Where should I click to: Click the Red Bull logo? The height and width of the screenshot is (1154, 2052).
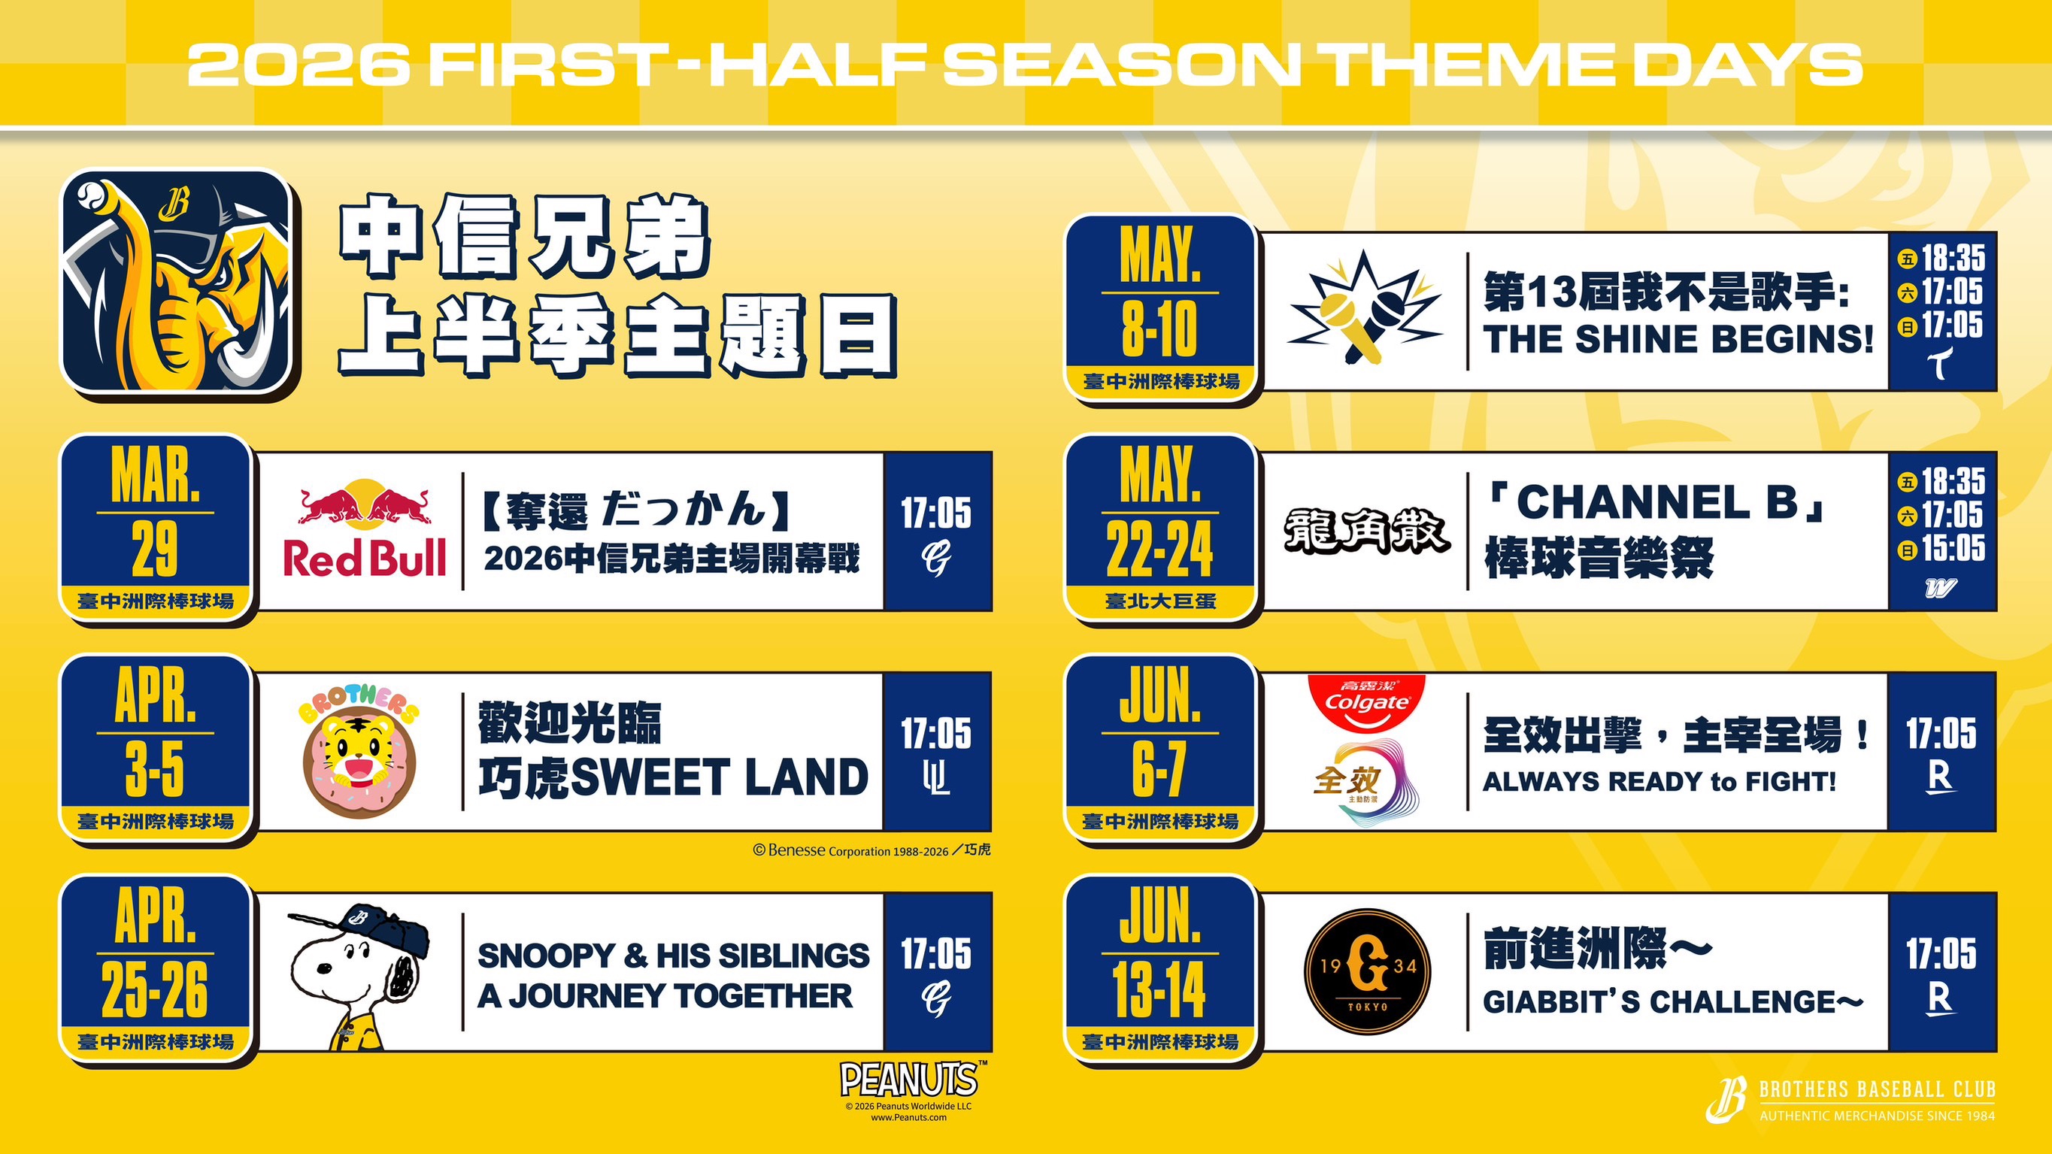click(364, 529)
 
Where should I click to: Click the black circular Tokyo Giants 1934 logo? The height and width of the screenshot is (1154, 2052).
click(1367, 971)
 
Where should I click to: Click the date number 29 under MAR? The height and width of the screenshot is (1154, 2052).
click(155, 550)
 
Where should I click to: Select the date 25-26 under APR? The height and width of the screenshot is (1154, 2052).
click(155, 990)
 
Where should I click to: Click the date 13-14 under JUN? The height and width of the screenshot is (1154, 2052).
click(1159, 990)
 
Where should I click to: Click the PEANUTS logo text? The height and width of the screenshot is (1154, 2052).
click(908, 1080)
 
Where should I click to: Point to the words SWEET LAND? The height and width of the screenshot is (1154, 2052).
click(720, 777)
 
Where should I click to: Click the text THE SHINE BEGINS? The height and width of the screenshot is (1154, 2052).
click(1678, 339)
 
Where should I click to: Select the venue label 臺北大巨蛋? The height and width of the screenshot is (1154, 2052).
click(1159, 601)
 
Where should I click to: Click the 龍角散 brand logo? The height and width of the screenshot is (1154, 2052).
click(1366, 532)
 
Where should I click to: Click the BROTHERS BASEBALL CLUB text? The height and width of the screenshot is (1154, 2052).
click(1878, 1089)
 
